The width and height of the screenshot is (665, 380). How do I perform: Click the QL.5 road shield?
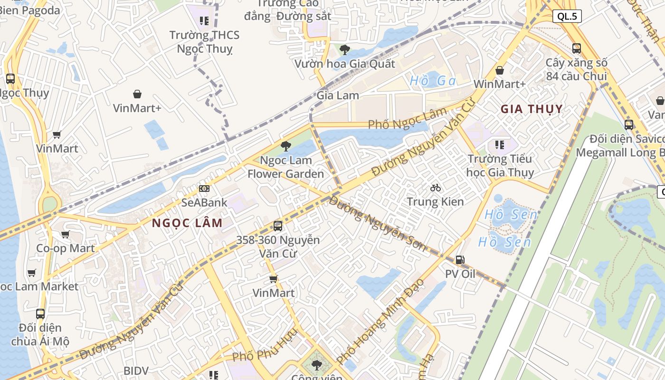[567, 17]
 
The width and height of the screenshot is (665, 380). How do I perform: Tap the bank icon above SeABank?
[204, 189]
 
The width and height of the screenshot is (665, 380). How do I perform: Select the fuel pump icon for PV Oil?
[460, 260]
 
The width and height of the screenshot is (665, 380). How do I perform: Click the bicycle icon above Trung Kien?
[435, 188]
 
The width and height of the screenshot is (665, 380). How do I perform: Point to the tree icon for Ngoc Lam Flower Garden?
[285, 146]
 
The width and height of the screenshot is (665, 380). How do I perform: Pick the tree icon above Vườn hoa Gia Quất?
[345, 49]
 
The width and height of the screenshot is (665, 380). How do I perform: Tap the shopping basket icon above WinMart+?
[500, 70]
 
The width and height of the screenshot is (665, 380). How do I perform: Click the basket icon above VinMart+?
[137, 94]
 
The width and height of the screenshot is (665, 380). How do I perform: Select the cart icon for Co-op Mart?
[66, 234]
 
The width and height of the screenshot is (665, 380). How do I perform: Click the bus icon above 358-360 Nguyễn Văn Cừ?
[278, 226]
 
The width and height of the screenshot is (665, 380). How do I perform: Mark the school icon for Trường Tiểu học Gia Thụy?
[499, 144]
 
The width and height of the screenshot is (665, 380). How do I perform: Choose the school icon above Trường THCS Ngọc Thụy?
[204, 20]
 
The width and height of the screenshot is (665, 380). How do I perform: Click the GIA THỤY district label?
[532, 109]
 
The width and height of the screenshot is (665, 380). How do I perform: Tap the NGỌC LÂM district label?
[187, 223]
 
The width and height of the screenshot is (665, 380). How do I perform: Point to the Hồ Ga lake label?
[433, 81]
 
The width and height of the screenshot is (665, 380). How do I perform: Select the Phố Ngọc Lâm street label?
[408, 119]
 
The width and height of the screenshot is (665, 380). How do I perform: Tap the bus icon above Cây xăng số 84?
[576, 48]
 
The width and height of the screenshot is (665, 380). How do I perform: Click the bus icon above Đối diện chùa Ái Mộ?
[40, 313]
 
